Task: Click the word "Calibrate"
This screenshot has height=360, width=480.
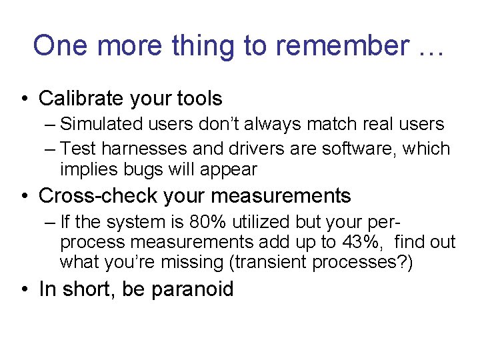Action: pos(78,99)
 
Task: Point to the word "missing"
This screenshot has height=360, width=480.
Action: pos(191,263)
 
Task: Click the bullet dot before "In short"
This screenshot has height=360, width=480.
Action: pos(25,289)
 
